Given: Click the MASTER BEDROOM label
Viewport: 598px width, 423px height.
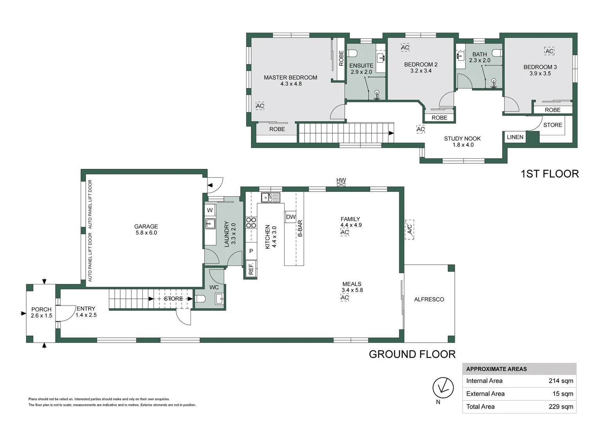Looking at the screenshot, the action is pyautogui.click(x=290, y=78).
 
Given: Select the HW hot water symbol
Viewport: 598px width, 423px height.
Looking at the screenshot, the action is pyautogui.click(x=341, y=184).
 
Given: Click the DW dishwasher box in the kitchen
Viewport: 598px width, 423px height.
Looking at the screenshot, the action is pyautogui.click(x=291, y=217).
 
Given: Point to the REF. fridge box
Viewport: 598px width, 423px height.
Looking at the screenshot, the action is pyautogui.click(x=251, y=269).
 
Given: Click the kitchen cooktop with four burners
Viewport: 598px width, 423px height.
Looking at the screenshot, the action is pyautogui.click(x=251, y=222).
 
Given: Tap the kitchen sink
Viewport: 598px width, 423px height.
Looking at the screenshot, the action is pyautogui.click(x=270, y=198).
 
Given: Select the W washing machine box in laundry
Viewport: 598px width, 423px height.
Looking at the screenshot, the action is pyautogui.click(x=210, y=210).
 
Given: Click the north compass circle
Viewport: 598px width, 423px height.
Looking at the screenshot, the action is pyautogui.click(x=443, y=388).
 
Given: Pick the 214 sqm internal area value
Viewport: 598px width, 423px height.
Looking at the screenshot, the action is pyautogui.click(x=561, y=381).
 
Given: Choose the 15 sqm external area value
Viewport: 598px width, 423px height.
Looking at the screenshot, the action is pyautogui.click(x=563, y=394).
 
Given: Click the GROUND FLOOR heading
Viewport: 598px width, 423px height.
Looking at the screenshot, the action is pyautogui.click(x=412, y=354).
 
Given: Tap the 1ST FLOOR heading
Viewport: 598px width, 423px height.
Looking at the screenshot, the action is pyautogui.click(x=550, y=174).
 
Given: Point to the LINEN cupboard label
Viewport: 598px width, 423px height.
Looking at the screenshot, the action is pyautogui.click(x=515, y=137).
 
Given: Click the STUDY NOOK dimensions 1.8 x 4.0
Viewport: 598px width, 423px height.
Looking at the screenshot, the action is pyautogui.click(x=463, y=145).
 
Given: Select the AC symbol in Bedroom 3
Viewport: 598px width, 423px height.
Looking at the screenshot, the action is pyautogui.click(x=549, y=51).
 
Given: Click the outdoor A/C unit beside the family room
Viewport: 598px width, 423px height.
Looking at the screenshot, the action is pyautogui.click(x=409, y=230).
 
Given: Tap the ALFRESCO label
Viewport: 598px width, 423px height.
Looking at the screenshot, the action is pyautogui.click(x=429, y=299).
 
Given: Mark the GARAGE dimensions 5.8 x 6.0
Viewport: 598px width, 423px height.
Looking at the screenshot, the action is pyautogui.click(x=146, y=233).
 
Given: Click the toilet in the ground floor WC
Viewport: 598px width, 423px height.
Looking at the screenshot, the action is pyautogui.click(x=200, y=298).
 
